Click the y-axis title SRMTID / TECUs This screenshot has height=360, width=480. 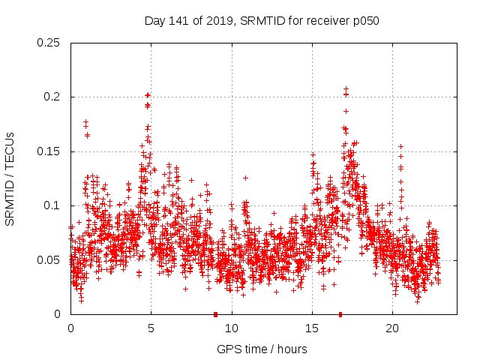[x=10, y=178]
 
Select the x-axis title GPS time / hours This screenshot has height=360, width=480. [x=262, y=349]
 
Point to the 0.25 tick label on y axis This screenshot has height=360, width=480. [x=49, y=43]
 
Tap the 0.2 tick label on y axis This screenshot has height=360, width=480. [x=53, y=97]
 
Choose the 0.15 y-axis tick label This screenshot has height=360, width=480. [x=49, y=151]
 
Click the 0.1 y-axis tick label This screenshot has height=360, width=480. [x=53, y=205]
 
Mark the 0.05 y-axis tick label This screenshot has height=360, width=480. [x=49, y=260]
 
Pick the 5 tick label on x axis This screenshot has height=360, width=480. [x=151, y=328]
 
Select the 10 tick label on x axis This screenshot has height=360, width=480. [x=232, y=328]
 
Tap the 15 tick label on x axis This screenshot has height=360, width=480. [x=312, y=328]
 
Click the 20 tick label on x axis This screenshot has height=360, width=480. [x=392, y=328]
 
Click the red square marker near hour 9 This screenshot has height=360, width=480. [x=215, y=314]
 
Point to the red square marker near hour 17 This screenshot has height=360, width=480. [x=340, y=314]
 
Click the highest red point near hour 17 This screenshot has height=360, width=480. [x=346, y=88]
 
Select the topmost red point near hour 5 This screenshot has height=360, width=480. [x=148, y=95]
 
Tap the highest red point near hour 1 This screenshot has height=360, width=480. [x=86, y=121]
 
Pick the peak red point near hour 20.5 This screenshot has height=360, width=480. [x=400, y=146]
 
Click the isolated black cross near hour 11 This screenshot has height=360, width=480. [x=245, y=178]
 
